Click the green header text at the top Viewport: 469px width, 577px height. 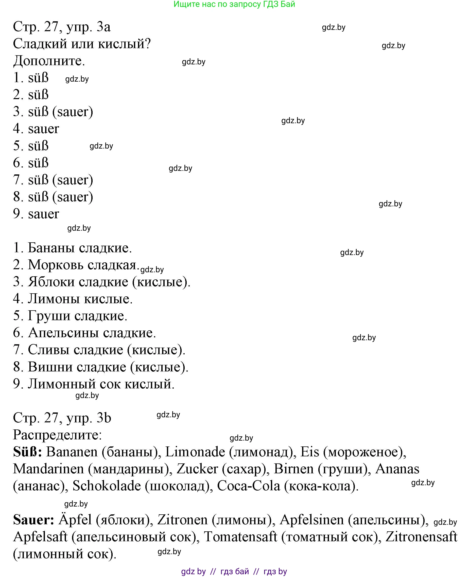click(x=234, y=4)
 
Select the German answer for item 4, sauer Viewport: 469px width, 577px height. click(x=43, y=129)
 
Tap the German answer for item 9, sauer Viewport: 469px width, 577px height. click(x=43, y=214)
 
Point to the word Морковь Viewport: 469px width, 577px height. click(x=56, y=265)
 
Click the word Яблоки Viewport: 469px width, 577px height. click(x=51, y=282)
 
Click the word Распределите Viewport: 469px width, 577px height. click(x=57, y=435)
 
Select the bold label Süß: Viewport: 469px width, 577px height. click(x=27, y=452)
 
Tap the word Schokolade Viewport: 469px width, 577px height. click(x=107, y=486)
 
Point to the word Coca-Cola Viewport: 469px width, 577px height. click(x=249, y=486)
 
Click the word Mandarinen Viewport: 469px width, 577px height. click(x=48, y=469)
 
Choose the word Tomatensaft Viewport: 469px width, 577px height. click(x=240, y=537)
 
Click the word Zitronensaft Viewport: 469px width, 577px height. click(x=421, y=537)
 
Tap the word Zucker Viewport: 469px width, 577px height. click(x=197, y=469)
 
